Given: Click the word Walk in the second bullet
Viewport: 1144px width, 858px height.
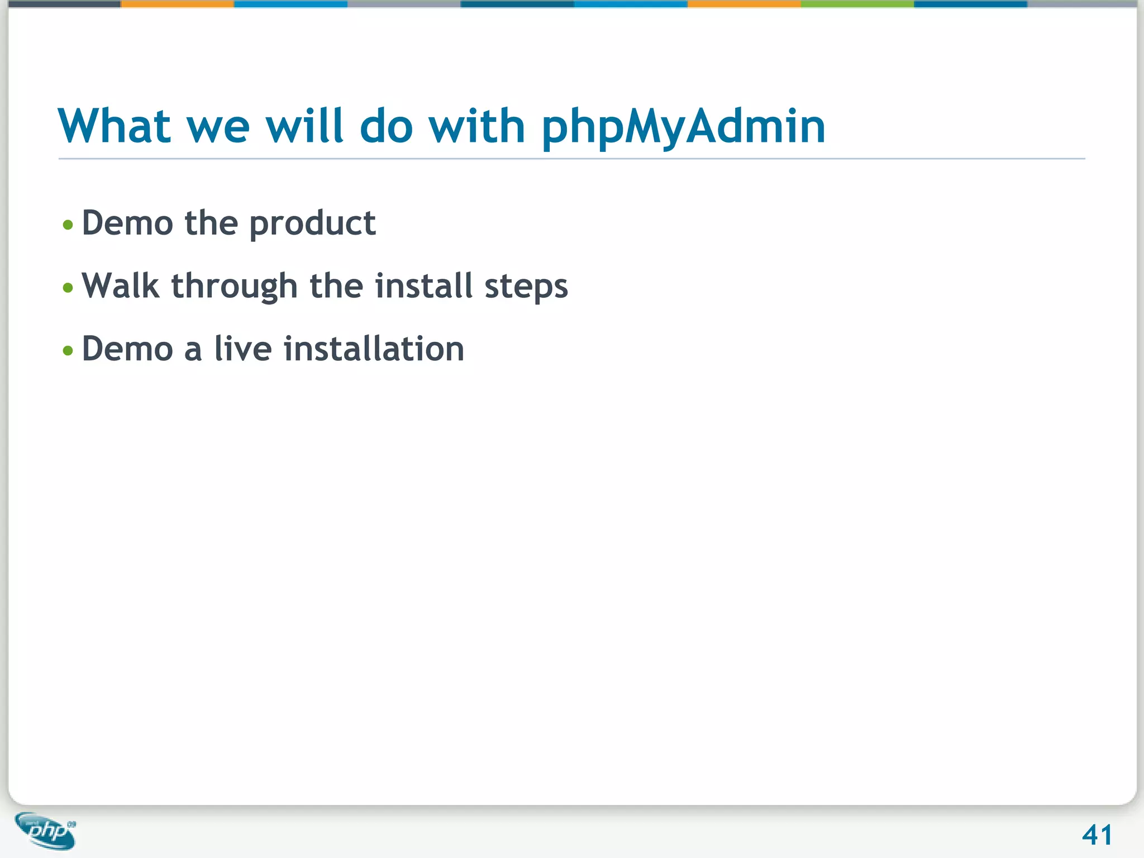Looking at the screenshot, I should coord(120,286).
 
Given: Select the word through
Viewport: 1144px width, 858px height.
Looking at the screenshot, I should coord(234,287).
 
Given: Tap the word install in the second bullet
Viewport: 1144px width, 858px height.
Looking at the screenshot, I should coord(424,286).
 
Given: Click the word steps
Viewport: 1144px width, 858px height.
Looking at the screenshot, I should coord(526,287).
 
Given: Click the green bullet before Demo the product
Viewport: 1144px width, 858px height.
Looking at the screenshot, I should coord(68,225).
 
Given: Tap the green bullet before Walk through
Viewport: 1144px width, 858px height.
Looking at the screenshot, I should coord(68,288).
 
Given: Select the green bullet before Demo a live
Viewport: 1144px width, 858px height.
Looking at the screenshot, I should coord(68,351).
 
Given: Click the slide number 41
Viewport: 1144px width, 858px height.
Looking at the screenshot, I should coord(1097,835).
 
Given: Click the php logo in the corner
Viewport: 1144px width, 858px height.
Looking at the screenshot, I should coord(46,831).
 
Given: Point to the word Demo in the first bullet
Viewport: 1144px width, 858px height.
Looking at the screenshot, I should coord(127,223).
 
